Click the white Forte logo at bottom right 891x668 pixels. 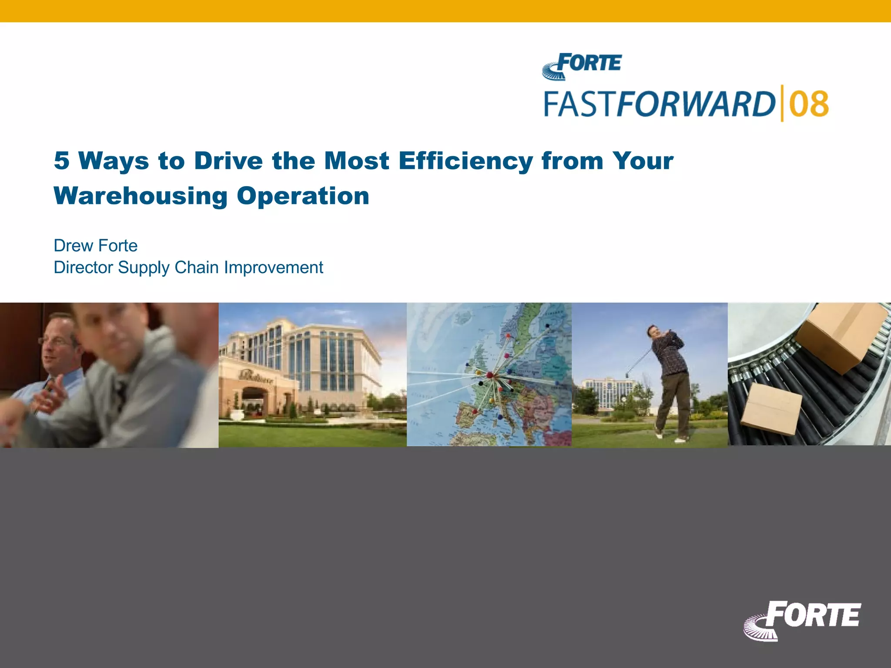click(803, 620)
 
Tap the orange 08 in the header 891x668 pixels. click(809, 104)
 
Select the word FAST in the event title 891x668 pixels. click(580, 104)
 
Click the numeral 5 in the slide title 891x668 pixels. click(61, 160)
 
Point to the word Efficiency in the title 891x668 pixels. click(466, 160)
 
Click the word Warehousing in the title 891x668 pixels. click(141, 196)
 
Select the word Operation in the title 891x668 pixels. click(303, 196)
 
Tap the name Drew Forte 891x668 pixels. click(95, 246)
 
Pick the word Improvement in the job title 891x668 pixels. click(273, 267)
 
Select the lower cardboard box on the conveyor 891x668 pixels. click(771, 409)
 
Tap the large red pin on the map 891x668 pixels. click(489, 374)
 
